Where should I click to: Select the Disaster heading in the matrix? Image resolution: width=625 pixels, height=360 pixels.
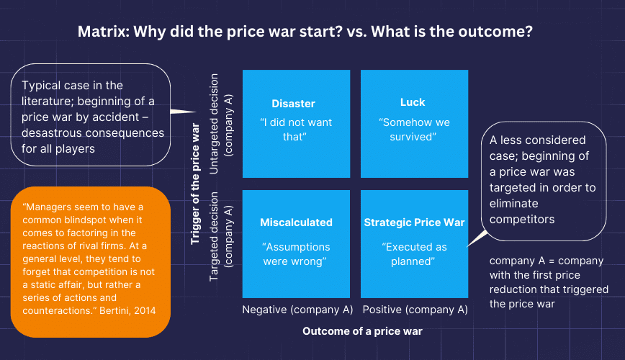[x=293, y=104]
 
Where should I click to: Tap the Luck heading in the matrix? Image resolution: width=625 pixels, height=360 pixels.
[x=413, y=102]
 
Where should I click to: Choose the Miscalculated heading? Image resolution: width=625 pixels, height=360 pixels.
[x=296, y=222]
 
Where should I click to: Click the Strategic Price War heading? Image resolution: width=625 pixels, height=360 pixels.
[x=413, y=222]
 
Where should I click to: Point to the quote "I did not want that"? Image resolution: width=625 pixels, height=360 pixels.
[x=296, y=129]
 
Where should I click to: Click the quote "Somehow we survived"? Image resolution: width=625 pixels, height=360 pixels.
[x=414, y=129]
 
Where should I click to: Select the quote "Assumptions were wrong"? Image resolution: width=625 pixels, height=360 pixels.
[x=296, y=253]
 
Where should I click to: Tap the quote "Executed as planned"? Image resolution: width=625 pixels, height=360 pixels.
[x=413, y=253]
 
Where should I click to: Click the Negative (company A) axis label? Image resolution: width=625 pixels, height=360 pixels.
[x=296, y=310]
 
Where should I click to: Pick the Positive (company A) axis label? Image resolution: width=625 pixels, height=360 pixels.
[x=415, y=310]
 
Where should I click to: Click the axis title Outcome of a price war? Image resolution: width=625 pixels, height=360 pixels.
[x=362, y=331]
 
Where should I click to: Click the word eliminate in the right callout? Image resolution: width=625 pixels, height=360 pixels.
[x=513, y=203]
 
